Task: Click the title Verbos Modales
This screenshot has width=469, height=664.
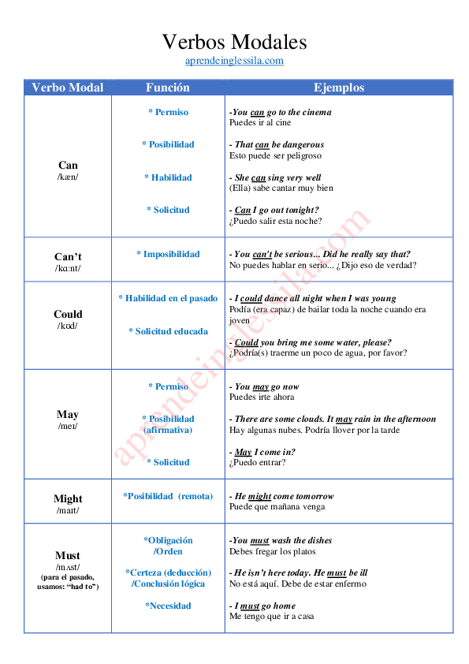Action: tap(234, 42)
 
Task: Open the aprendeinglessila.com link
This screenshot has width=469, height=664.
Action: tap(234, 61)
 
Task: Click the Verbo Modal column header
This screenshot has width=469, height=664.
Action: tap(68, 88)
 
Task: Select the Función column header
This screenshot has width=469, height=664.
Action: tap(168, 88)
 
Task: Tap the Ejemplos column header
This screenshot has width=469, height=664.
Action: tap(339, 88)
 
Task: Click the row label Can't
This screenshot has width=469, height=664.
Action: tap(68, 257)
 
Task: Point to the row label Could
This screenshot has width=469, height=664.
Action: tap(68, 314)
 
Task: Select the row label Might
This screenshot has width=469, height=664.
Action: tap(68, 498)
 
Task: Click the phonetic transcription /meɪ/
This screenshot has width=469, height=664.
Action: tap(68, 427)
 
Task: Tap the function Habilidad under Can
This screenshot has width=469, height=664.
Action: tap(168, 177)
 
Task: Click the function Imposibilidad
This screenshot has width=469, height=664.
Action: tap(168, 254)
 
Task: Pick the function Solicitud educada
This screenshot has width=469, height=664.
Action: tap(168, 331)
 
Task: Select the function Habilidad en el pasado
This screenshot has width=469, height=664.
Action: tap(168, 298)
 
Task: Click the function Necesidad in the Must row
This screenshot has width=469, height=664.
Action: tap(168, 606)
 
